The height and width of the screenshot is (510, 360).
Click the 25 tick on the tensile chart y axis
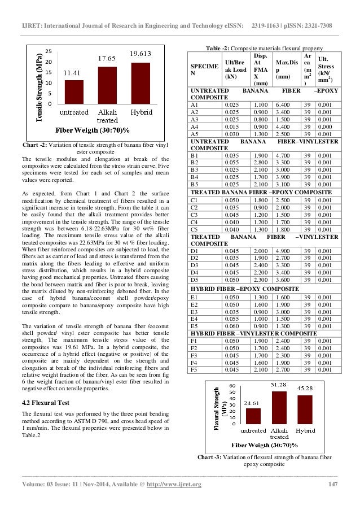coord(49,51)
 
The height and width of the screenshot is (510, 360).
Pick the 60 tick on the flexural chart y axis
coord(232,386)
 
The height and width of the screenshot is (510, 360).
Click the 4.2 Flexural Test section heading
coord(46,402)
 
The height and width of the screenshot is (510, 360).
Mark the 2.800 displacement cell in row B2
coord(261,161)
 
